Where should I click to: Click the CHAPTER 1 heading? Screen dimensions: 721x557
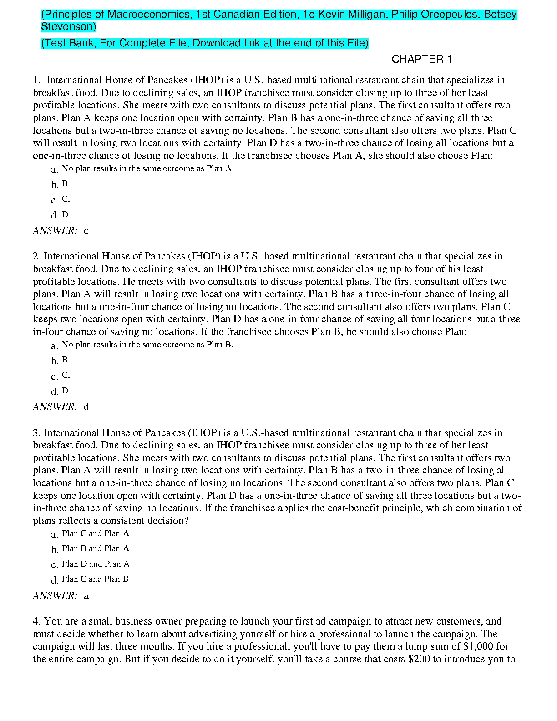(x=421, y=60)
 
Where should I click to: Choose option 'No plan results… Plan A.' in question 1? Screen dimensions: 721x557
(x=147, y=168)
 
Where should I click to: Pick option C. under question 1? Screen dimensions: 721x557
(x=66, y=199)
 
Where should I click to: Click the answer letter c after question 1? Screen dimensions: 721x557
(x=86, y=231)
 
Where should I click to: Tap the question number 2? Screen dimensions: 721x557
(x=36, y=256)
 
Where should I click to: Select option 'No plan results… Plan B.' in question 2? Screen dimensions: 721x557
(x=147, y=345)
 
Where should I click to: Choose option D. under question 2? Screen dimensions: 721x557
(x=66, y=391)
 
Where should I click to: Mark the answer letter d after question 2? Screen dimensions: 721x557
(x=86, y=407)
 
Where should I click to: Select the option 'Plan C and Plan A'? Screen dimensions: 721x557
(x=96, y=533)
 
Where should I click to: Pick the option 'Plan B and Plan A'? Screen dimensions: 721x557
(x=96, y=548)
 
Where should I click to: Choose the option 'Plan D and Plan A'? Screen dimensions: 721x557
(x=96, y=564)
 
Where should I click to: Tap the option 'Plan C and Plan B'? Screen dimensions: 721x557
(x=96, y=579)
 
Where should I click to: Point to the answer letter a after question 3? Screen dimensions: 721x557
(x=86, y=596)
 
